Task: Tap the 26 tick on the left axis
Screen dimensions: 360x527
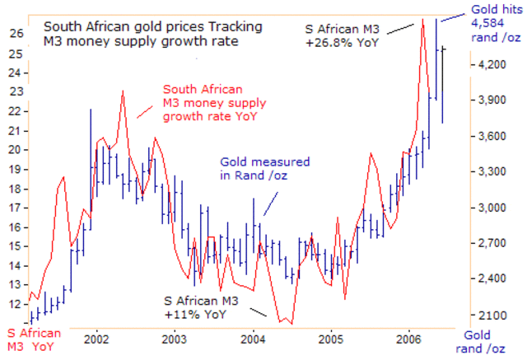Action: pyautogui.click(x=16, y=34)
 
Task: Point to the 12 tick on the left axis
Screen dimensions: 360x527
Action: pyautogui.click(x=16, y=304)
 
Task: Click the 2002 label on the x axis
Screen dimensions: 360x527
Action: pyautogui.click(x=96, y=339)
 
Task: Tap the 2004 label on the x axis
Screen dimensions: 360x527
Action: pyautogui.click(x=253, y=339)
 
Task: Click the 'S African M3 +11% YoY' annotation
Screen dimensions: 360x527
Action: pyautogui.click(x=204, y=307)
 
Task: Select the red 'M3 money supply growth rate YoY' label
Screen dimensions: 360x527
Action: pyautogui.click(x=212, y=103)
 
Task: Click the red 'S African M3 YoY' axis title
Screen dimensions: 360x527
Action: pyautogui.click(x=34, y=339)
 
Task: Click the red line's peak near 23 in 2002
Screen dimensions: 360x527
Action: pyautogui.click(x=123, y=91)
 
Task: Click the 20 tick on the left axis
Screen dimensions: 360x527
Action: pyautogui.click(x=16, y=149)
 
